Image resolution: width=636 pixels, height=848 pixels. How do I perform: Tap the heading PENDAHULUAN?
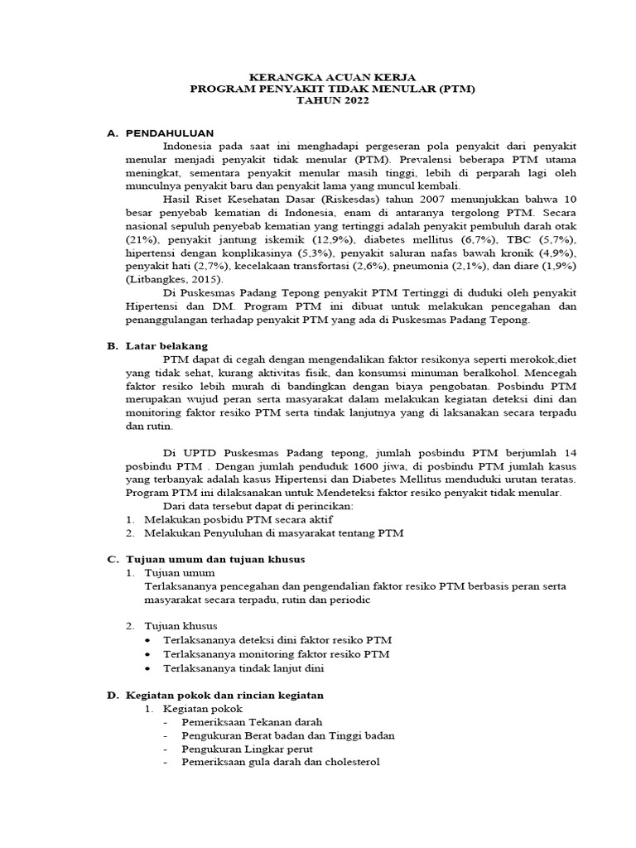pos(170,132)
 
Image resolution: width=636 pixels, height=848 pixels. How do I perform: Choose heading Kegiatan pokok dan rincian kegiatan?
pos(224,694)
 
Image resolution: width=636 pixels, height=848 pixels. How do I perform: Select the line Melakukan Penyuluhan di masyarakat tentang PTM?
pos(274,533)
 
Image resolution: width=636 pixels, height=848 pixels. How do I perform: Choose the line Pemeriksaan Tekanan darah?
pos(253,722)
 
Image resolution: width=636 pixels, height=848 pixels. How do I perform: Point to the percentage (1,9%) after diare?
pos(558,266)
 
